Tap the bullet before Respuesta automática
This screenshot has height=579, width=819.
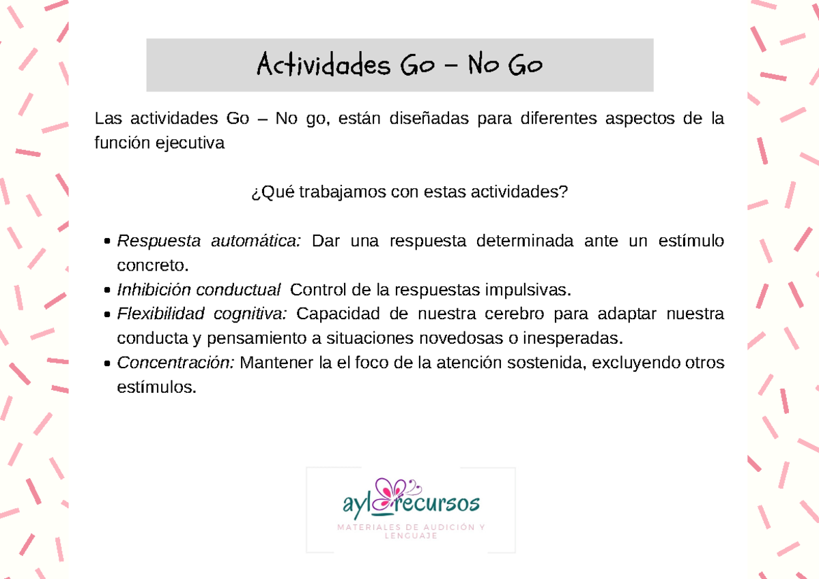[109, 242]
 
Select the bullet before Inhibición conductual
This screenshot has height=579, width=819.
[109, 291]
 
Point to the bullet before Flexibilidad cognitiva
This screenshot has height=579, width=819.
[109, 315]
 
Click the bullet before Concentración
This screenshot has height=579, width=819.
[109, 363]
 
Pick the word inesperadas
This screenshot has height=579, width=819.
[580, 338]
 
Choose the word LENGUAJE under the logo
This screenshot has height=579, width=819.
[410, 536]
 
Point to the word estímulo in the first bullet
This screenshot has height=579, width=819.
[691, 241]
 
